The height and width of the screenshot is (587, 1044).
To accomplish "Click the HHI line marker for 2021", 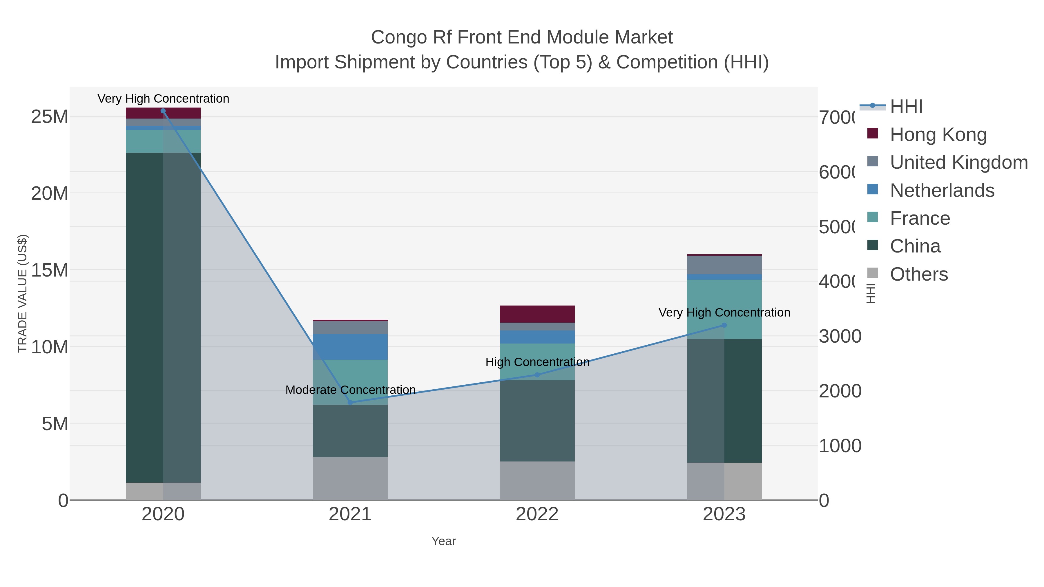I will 350,402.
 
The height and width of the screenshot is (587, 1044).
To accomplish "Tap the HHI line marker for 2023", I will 724,325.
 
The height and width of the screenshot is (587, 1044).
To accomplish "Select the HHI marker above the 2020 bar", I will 163,111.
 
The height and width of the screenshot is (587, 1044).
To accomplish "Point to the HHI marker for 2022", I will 537,375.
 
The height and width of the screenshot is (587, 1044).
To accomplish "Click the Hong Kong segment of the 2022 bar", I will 537,314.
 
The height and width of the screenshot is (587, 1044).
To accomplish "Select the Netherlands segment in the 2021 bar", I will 350,347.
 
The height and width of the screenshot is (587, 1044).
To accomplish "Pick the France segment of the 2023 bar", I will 724,309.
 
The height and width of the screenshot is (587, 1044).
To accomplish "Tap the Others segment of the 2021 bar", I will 350,478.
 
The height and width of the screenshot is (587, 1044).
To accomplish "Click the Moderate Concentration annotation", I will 350,390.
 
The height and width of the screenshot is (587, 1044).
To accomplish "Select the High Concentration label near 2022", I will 537,362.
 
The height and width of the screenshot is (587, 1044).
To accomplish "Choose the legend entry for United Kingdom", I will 958,162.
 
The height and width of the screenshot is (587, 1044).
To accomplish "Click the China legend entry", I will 915,246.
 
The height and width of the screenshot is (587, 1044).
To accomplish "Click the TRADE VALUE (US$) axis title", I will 23,293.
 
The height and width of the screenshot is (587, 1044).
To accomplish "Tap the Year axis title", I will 443,541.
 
